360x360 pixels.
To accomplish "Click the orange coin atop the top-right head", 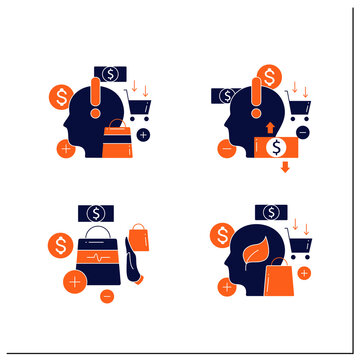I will (268, 78).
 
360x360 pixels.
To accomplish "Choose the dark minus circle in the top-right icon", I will (303, 132).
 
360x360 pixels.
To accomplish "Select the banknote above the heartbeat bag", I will (98, 212).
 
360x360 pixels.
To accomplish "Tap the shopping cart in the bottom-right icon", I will (296, 242).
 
